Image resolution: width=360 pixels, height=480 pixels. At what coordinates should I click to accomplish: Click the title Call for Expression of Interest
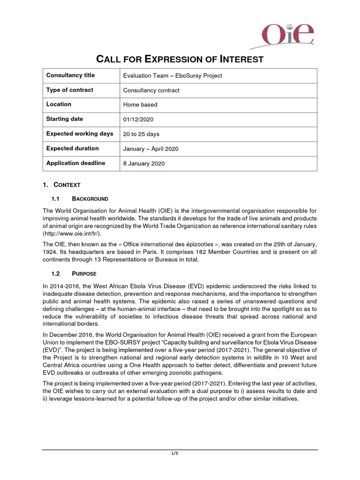click(x=180, y=59)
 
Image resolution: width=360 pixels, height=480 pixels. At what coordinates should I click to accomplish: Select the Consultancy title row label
click(x=70, y=75)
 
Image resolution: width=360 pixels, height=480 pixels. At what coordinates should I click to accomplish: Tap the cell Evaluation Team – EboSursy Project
click(x=172, y=76)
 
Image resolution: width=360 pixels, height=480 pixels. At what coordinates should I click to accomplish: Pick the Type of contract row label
click(x=69, y=90)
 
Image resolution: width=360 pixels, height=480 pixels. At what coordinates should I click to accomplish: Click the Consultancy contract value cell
click(x=151, y=90)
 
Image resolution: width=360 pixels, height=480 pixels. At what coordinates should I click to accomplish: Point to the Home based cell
click(x=140, y=105)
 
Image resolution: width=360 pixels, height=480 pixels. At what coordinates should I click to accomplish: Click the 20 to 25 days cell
click(x=141, y=134)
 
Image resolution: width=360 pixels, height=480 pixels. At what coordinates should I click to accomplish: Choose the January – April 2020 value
click(x=150, y=149)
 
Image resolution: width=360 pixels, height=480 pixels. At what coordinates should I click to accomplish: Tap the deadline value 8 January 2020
click(x=144, y=164)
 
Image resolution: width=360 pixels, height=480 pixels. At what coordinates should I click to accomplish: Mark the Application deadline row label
click(x=75, y=163)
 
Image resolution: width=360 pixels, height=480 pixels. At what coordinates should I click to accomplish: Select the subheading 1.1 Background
click(x=80, y=199)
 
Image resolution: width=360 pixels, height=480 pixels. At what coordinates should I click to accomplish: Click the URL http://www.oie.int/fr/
click(x=72, y=233)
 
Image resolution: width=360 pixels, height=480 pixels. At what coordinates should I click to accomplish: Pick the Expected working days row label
click(x=80, y=134)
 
